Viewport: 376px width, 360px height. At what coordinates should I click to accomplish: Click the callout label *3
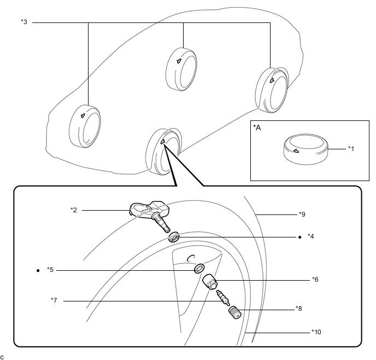(x=23, y=22)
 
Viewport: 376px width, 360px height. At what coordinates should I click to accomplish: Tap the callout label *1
(x=351, y=148)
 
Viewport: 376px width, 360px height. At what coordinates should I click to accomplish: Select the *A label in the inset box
(x=257, y=127)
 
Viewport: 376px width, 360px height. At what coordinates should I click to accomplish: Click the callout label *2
(x=74, y=210)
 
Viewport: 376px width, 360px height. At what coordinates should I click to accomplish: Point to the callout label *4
(x=310, y=237)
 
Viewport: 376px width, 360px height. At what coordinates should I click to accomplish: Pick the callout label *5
(x=50, y=270)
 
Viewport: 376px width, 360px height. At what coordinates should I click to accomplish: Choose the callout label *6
(x=315, y=279)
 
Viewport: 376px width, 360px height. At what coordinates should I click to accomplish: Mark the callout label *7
(x=54, y=300)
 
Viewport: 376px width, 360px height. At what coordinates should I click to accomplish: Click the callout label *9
(x=303, y=213)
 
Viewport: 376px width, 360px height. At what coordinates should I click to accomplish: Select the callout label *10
(x=315, y=332)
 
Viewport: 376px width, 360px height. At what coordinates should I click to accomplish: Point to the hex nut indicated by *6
(x=210, y=283)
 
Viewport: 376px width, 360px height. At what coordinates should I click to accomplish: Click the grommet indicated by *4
(x=175, y=237)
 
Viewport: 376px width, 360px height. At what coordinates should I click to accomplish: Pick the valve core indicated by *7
(x=221, y=298)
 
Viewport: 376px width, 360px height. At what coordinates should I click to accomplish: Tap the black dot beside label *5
(x=37, y=270)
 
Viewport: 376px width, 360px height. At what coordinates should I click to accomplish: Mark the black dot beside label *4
(x=300, y=237)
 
